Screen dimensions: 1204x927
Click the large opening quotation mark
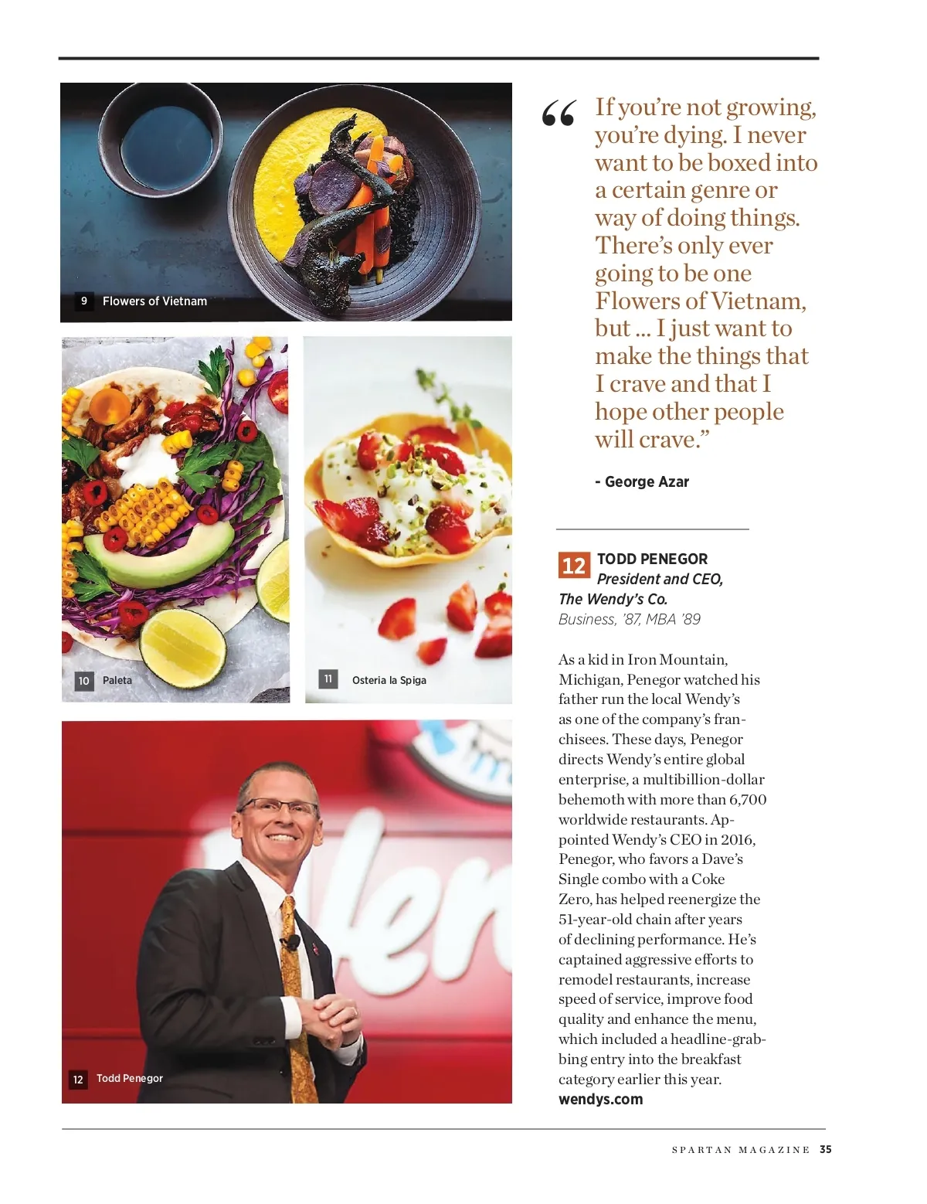(x=559, y=114)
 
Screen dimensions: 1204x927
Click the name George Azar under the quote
(x=647, y=481)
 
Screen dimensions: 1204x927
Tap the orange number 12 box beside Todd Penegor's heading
(x=573, y=565)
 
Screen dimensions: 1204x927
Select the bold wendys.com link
(x=600, y=1099)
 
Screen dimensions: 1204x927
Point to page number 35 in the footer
(x=826, y=1149)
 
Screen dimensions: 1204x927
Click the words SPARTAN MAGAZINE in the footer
(x=740, y=1150)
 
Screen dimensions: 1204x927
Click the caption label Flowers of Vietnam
(x=154, y=301)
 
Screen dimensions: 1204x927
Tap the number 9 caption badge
(x=84, y=301)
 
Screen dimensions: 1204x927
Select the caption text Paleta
(x=117, y=680)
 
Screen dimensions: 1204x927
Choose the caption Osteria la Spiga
(x=389, y=680)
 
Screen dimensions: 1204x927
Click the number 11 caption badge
(x=328, y=679)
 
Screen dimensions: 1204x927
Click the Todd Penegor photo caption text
(x=130, y=1078)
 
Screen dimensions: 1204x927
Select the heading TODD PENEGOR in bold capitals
(x=652, y=559)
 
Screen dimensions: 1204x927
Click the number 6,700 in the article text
(x=747, y=799)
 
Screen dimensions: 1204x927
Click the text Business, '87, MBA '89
(x=629, y=619)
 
